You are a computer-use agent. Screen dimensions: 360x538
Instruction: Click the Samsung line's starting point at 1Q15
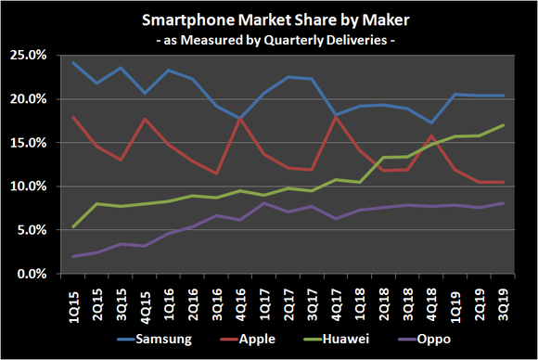pyautogui.click(x=73, y=62)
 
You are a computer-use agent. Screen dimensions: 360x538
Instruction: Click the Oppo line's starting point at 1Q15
pyautogui.click(x=73, y=256)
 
